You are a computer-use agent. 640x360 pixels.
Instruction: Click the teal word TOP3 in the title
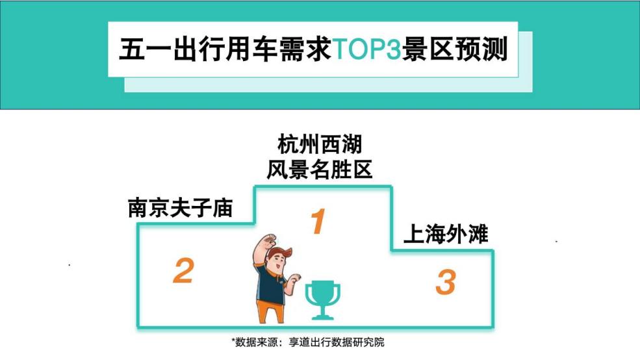click(x=367, y=49)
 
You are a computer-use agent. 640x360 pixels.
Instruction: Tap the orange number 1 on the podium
click(x=318, y=221)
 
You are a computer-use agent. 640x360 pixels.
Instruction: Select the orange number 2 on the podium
click(x=183, y=270)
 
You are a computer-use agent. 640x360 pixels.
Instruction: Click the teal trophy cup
click(x=322, y=299)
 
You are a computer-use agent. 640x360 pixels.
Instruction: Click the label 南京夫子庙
click(x=180, y=208)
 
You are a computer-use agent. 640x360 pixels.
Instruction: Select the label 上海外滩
click(x=446, y=235)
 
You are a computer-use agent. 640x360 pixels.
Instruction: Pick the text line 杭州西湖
click(x=320, y=144)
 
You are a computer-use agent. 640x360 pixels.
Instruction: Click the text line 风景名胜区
click(x=320, y=170)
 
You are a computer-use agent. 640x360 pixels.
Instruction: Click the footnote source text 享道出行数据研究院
click(x=337, y=342)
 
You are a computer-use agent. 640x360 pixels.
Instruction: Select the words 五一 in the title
click(x=146, y=49)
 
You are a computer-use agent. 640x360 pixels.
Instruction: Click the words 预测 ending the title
click(x=481, y=49)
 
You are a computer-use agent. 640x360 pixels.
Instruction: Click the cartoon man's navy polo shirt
click(x=270, y=284)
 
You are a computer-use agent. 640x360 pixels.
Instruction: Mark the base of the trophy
click(x=322, y=316)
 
